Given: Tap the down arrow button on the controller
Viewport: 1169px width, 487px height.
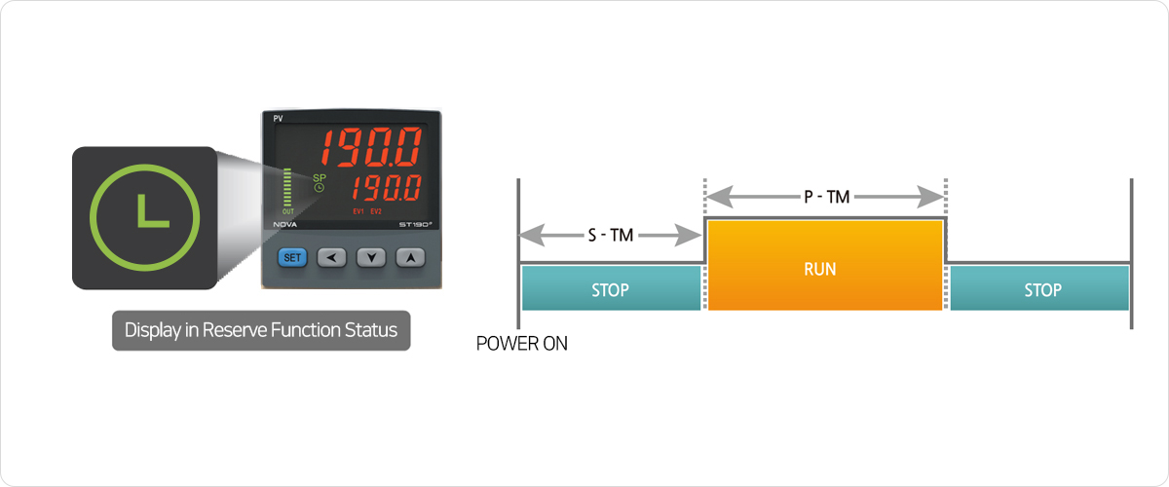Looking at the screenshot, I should (x=371, y=257).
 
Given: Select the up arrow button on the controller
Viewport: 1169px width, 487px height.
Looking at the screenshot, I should (x=411, y=257).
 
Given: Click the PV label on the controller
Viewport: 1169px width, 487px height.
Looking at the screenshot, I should (x=278, y=118).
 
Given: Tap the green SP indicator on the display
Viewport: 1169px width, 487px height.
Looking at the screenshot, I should (x=318, y=177).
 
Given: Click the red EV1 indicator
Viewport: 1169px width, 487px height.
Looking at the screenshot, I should (x=358, y=211).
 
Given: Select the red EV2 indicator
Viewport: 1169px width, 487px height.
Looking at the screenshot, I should (x=377, y=211).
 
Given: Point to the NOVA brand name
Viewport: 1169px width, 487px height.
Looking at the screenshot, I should (x=286, y=225).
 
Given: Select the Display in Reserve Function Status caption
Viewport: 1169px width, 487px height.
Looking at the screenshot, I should (x=261, y=330).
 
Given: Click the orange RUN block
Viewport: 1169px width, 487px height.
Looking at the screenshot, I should (x=825, y=266).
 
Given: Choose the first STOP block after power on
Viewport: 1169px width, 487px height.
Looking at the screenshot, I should (x=611, y=288).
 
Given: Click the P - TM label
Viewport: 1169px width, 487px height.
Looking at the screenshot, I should (x=825, y=197).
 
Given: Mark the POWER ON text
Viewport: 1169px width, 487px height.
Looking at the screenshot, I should (x=522, y=344).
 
